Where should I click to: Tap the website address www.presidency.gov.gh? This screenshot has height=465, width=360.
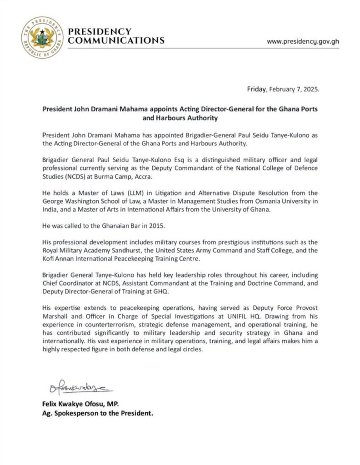pyautogui.click(x=303, y=41)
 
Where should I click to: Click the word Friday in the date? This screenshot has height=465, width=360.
pyautogui.click(x=258, y=89)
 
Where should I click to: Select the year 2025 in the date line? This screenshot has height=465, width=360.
pyautogui.click(x=312, y=89)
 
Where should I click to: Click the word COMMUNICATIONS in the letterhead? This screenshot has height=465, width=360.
pyautogui.click(x=116, y=40)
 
